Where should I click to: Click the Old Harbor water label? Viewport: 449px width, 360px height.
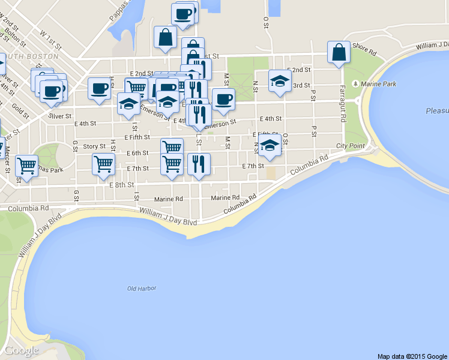click(x=142, y=289)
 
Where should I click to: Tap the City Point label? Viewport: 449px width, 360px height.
click(x=350, y=146)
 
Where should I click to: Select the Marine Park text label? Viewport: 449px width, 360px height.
click(x=379, y=83)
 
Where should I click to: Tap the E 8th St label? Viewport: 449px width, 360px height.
click(x=121, y=185)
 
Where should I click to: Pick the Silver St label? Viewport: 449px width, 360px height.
click(x=60, y=116)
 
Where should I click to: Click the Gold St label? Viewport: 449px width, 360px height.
click(x=20, y=112)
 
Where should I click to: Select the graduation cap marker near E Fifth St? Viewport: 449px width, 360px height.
click(x=270, y=146)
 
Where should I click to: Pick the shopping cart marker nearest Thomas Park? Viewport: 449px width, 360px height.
click(x=26, y=165)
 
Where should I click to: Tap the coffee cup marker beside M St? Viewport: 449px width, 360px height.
click(x=223, y=99)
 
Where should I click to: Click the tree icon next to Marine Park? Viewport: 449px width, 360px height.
click(x=357, y=83)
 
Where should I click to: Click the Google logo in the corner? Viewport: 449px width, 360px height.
click(x=22, y=350)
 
